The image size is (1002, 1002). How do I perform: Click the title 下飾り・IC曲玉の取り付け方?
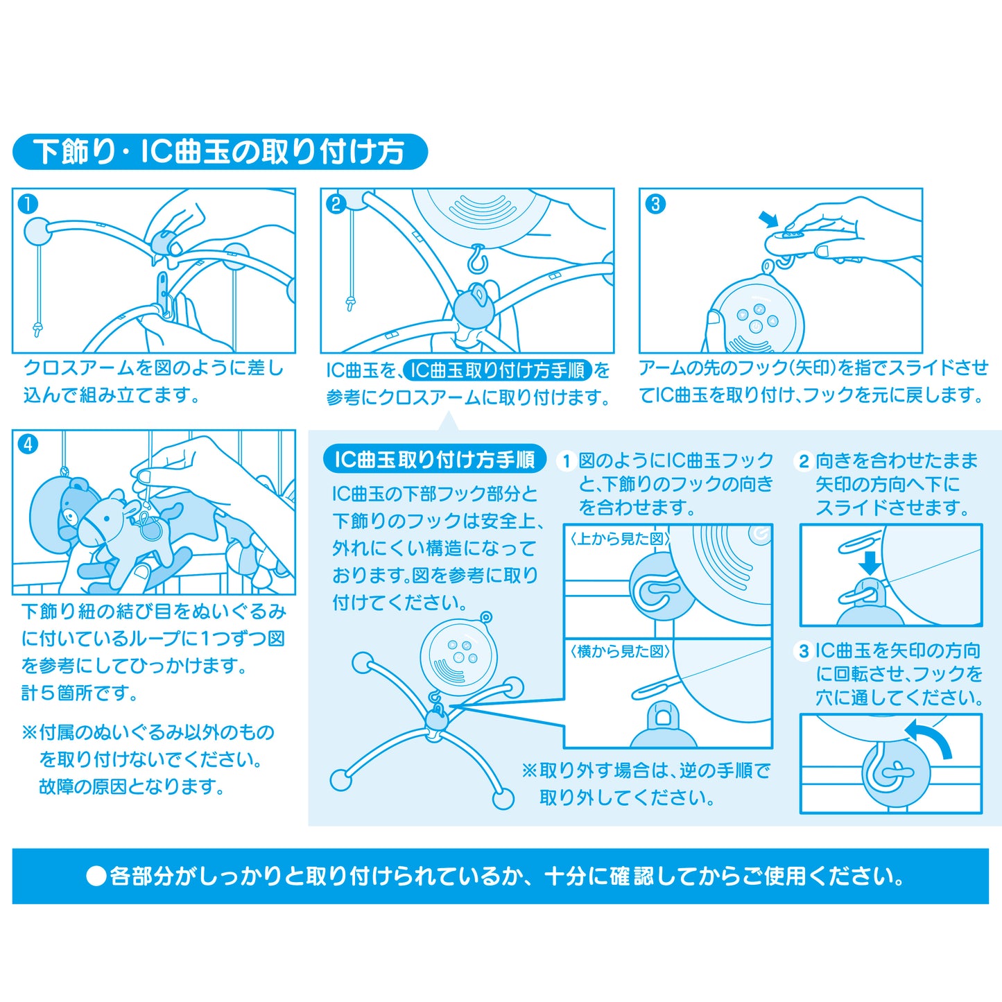coord(219,152)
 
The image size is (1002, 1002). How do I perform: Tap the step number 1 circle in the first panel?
coord(28,204)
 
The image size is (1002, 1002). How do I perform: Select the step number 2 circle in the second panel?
coord(336,204)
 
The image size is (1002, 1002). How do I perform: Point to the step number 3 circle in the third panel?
coord(655,204)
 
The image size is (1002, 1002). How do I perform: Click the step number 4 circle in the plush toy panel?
coord(28,444)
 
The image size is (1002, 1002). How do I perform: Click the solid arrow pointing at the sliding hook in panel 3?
coord(768,219)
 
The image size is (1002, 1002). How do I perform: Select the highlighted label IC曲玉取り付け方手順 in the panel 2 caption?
coord(498,370)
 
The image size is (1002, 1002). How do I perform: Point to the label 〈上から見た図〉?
coord(619,539)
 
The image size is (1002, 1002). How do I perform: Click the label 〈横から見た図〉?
coord(619,652)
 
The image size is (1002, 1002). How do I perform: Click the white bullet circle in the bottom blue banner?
coord(96,876)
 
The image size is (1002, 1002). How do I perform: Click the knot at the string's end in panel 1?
coord(37,329)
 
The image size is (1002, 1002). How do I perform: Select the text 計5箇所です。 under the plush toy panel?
coord(79,693)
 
